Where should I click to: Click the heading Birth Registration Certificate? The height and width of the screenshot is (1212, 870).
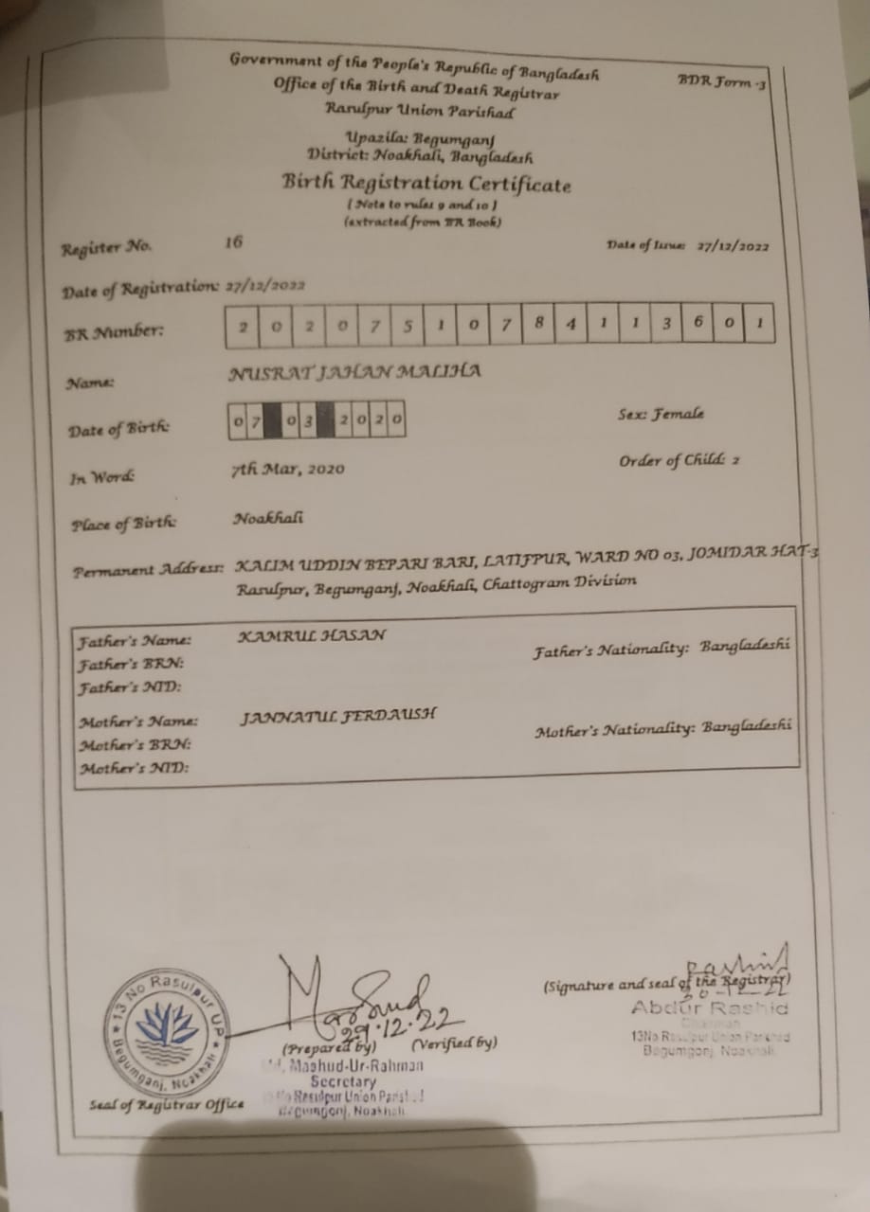(x=426, y=183)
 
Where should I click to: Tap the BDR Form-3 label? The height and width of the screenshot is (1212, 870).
(x=721, y=82)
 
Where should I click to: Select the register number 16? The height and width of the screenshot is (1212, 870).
(x=233, y=241)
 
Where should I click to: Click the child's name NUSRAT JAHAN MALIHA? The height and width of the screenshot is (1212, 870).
(x=355, y=371)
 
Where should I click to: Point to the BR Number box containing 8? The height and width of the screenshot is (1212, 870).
(x=538, y=324)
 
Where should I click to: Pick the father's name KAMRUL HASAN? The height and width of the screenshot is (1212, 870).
(x=312, y=635)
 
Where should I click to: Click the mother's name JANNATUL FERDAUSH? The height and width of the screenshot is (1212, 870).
(x=337, y=716)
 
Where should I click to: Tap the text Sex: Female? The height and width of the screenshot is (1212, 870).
(x=660, y=415)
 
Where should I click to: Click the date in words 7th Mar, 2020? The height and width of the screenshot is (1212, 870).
(x=288, y=469)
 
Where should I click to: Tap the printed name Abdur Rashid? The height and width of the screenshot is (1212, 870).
(x=709, y=1007)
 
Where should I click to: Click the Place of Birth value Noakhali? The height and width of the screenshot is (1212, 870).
(x=268, y=519)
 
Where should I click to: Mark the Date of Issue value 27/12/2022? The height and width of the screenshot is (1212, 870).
(x=732, y=247)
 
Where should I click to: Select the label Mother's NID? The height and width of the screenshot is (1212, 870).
(x=133, y=767)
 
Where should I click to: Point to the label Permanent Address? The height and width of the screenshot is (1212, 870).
(x=148, y=571)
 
